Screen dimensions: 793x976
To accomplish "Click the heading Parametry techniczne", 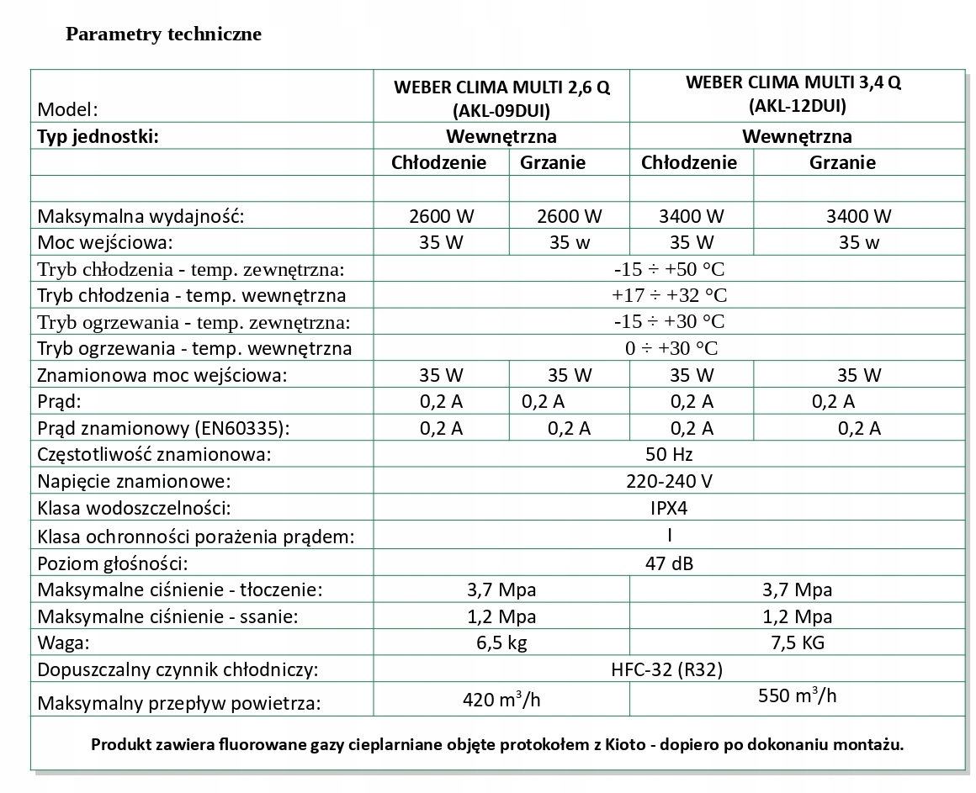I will click(x=163, y=34).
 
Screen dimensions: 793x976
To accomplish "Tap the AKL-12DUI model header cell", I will click(x=796, y=94).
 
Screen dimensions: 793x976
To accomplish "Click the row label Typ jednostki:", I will click(x=98, y=136).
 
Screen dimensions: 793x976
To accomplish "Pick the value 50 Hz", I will click(x=670, y=455).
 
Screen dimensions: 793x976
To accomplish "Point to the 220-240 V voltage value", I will click(x=670, y=482).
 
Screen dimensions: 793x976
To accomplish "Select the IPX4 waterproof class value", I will click(x=670, y=509).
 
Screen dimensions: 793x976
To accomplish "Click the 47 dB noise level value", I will click(x=670, y=563).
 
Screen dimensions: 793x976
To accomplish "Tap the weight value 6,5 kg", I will click(x=501, y=643).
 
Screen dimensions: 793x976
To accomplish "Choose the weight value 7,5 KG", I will click(x=797, y=643).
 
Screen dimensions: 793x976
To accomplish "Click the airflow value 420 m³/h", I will click(x=501, y=700).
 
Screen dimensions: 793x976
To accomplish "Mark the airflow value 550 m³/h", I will click(x=797, y=696).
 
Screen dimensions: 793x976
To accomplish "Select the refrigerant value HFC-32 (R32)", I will click(x=670, y=670).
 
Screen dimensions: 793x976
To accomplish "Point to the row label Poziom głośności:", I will click(x=112, y=563).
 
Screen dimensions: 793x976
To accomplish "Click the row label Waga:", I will click(x=63, y=643).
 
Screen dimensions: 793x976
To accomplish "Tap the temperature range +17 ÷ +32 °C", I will click(x=670, y=295).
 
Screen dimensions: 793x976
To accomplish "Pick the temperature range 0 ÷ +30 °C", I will click(x=671, y=348).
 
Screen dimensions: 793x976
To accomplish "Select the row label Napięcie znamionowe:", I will click(x=134, y=482).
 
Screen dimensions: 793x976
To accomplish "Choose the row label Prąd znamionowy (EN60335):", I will click(x=163, y=428).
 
